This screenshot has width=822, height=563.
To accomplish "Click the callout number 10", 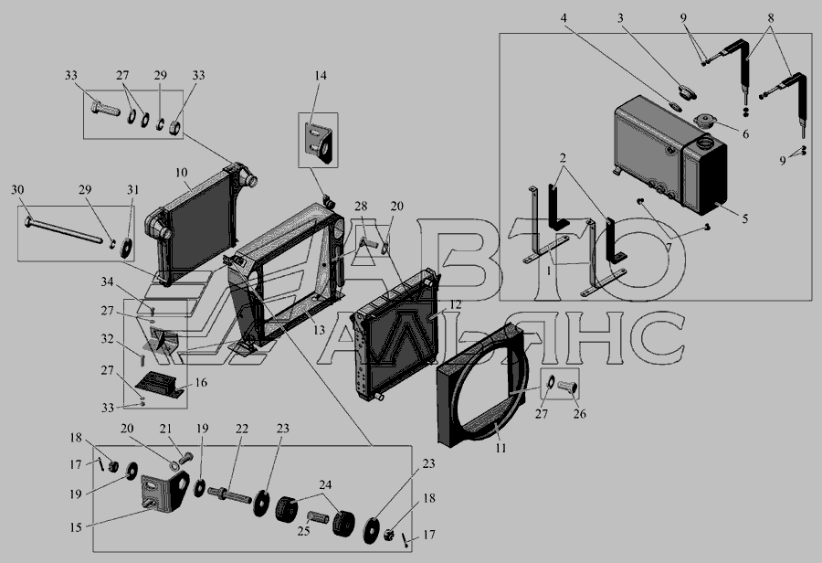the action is point(182,173).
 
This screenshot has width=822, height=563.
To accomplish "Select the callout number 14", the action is point(321,75).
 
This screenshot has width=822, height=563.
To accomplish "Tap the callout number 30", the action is point(17,189).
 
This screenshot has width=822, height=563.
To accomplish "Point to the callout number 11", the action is point(501,448).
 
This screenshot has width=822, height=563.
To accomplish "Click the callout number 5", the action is point(745,218).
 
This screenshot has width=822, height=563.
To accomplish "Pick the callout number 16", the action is point(201,383).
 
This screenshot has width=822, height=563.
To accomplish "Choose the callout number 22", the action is point(242,428).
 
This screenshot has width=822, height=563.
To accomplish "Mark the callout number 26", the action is point(579,413).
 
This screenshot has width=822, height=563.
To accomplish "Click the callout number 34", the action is point(107,282).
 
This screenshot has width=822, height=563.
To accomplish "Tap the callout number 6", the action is point(745,133).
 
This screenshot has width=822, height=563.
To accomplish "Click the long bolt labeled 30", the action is point(63,231).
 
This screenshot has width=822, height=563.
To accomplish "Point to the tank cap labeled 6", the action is point(705,122).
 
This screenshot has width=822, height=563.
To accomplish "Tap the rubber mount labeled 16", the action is point(160,384).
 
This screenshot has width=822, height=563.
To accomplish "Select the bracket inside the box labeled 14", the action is point(319,142).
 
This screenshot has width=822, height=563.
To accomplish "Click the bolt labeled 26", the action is point(568,388).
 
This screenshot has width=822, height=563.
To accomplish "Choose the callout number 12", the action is point(455,304).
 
